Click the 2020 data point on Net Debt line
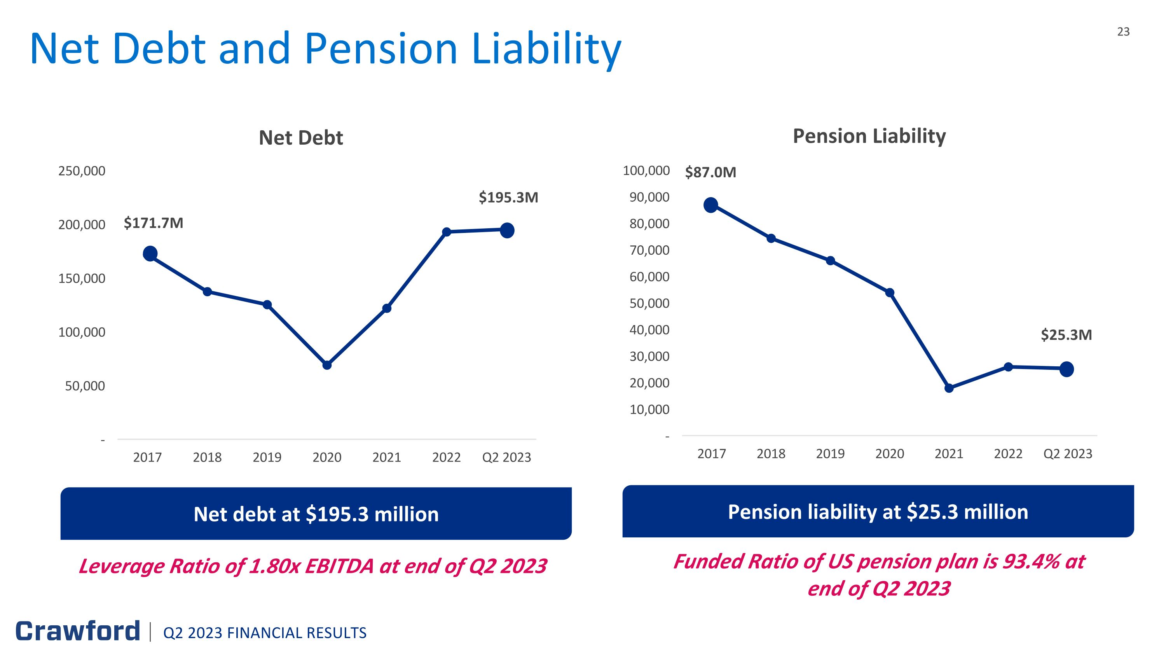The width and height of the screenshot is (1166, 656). [327, 365]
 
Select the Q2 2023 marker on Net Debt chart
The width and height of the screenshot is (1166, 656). [507, 231]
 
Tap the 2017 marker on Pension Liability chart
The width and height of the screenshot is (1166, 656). [710, 205]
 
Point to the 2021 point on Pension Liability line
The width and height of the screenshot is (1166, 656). [949, 388]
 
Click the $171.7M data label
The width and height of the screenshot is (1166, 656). [154, 223]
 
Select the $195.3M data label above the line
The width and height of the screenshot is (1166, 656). [508, 198]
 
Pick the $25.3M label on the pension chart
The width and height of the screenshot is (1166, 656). [1066, 335]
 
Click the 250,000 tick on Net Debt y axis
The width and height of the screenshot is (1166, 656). [82, 171]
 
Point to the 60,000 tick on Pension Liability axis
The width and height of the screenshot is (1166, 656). [649, 276]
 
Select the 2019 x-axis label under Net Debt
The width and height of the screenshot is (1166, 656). [267, 457]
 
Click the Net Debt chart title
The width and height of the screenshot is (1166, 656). [300, 138]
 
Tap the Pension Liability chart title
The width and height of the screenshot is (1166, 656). [869, 136]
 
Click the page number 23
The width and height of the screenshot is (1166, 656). [1123, 31]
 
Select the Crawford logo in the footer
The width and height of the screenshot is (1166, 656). [78, 631]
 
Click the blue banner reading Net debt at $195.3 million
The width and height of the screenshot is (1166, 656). [316, 514]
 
